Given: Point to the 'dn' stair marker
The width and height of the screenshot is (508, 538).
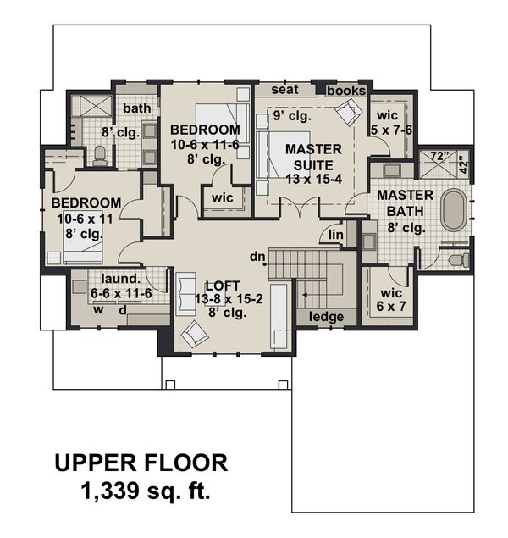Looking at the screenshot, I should click(257, 256).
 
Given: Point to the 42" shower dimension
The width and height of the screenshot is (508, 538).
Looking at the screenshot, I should click(463, 163).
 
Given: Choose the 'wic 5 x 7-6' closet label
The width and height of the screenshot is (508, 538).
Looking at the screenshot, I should click(392, 123).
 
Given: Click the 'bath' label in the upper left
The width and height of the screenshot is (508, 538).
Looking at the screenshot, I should click(136, 108).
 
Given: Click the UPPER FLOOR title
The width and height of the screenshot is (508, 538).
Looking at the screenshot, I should click(141, 463).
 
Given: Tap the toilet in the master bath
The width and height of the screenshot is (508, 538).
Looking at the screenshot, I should click(457, 260).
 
